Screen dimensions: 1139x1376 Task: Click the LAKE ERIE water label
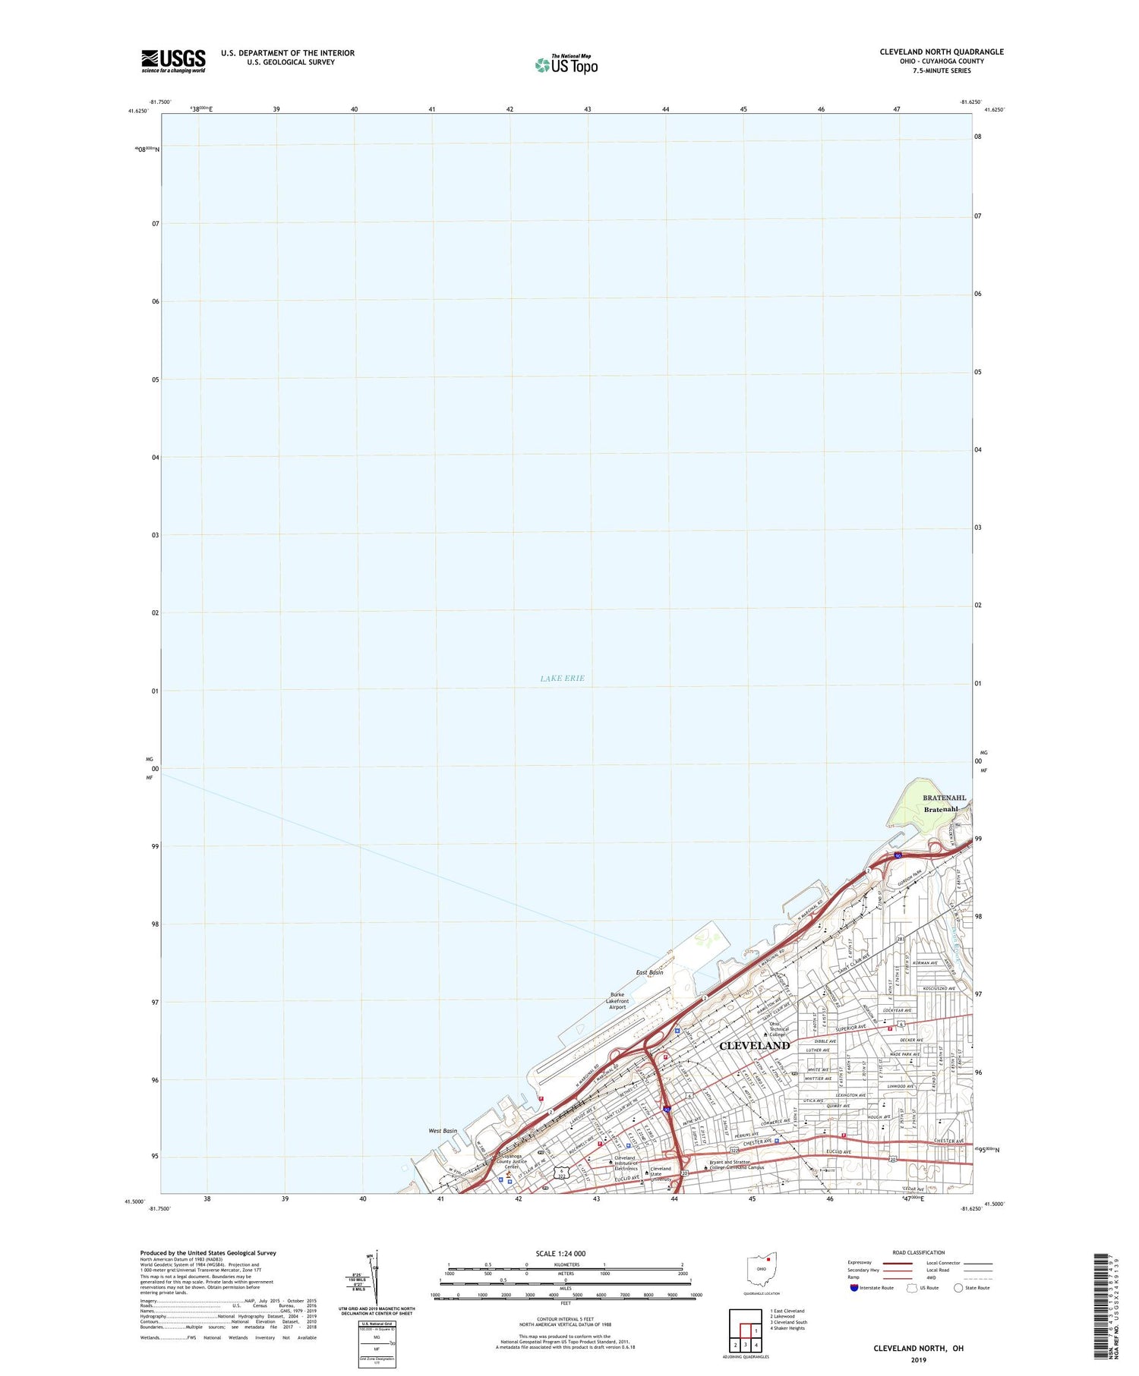point(562,678)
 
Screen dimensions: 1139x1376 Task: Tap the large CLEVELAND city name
point(754,1045)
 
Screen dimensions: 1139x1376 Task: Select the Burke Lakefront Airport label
point(617,1001)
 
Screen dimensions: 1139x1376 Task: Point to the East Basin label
point(649,972)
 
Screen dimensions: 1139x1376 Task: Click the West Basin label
point(443,1131)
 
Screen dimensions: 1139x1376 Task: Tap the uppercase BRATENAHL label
point(945,798)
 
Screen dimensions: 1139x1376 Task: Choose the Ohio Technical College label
point(779,1029)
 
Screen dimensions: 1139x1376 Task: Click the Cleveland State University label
point(660,1173)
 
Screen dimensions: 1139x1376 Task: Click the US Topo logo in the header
point(566,65)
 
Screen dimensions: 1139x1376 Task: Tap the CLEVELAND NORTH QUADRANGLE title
point(942,52)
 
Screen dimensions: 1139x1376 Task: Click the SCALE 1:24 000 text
point(560,1253)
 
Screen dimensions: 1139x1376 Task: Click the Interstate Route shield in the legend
point(854,1288)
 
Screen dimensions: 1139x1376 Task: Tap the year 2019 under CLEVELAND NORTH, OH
point(918,1360)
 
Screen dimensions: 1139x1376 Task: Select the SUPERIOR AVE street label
point(850,1028)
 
